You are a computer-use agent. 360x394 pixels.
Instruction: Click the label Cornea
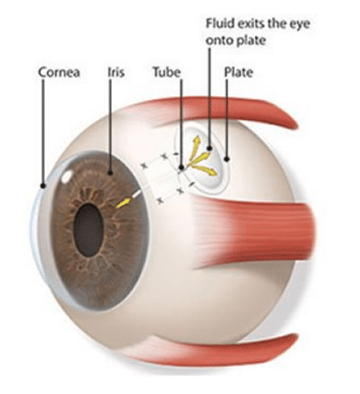(x=59, y=73)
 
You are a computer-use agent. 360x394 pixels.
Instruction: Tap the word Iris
(x=116, y=73)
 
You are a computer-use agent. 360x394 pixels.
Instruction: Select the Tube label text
(x=166, y=73)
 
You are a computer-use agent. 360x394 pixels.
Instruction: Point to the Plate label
(x=239, y=73)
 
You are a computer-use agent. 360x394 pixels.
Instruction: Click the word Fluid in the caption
(x=220, y=24)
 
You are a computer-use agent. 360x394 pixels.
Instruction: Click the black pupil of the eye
(x=89, y=229)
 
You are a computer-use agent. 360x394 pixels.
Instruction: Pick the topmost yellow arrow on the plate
(x=197, y=142)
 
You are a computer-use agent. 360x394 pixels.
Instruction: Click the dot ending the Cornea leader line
(x=43, y=186)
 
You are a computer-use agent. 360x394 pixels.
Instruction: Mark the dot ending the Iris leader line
(x=110, y=173)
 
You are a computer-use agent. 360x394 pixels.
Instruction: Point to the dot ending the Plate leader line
(x=227, y=159)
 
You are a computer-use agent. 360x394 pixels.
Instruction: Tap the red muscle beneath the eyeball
(x=227, y=348)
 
